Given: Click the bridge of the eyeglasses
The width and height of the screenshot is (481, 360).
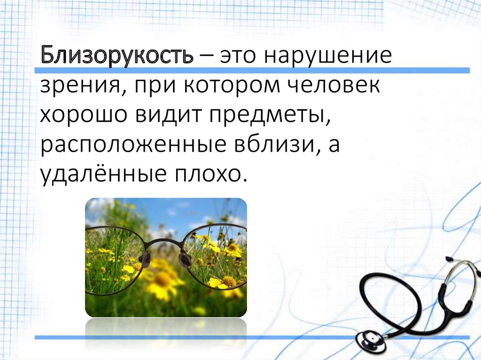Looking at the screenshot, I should point(164,244).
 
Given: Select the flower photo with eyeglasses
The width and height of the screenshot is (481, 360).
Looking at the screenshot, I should point(165,257).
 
